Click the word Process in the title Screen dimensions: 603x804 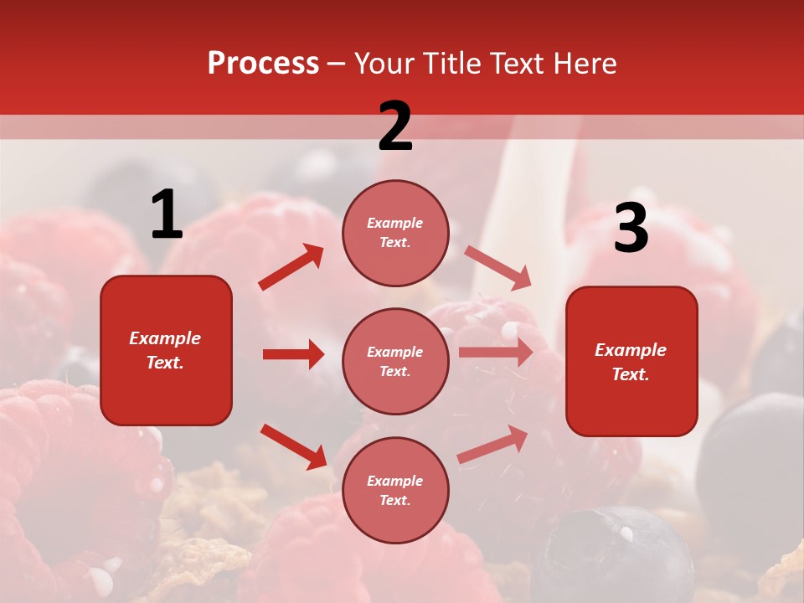tap(263, 64)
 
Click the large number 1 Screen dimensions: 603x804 tap(167, 215)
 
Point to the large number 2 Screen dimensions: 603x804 tap(395, 126)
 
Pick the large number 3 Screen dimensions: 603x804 tap(631, 229)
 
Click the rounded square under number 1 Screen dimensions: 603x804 tap(166, 350)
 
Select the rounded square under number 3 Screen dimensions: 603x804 tap(631, 361)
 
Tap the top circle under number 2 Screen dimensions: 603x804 tap(395, 233)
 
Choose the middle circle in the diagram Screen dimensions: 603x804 tap(395, 361)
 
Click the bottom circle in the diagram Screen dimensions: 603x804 tap(395, 490)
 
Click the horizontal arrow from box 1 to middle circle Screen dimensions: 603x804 tap(293, 354)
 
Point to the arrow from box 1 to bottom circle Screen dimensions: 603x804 tap(293, 446)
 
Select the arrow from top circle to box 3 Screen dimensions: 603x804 tap(497, 268)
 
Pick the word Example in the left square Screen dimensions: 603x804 tap(165, 338)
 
